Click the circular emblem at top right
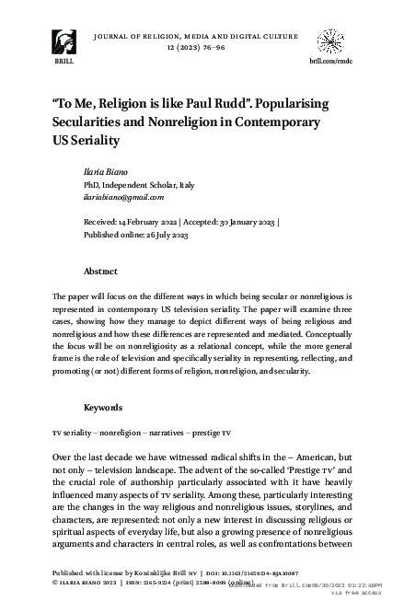[x=333, y=41]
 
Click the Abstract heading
[x=100, y=272]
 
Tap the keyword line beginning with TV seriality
[x=141, y=433]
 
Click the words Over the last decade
[x=98, y=457]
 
